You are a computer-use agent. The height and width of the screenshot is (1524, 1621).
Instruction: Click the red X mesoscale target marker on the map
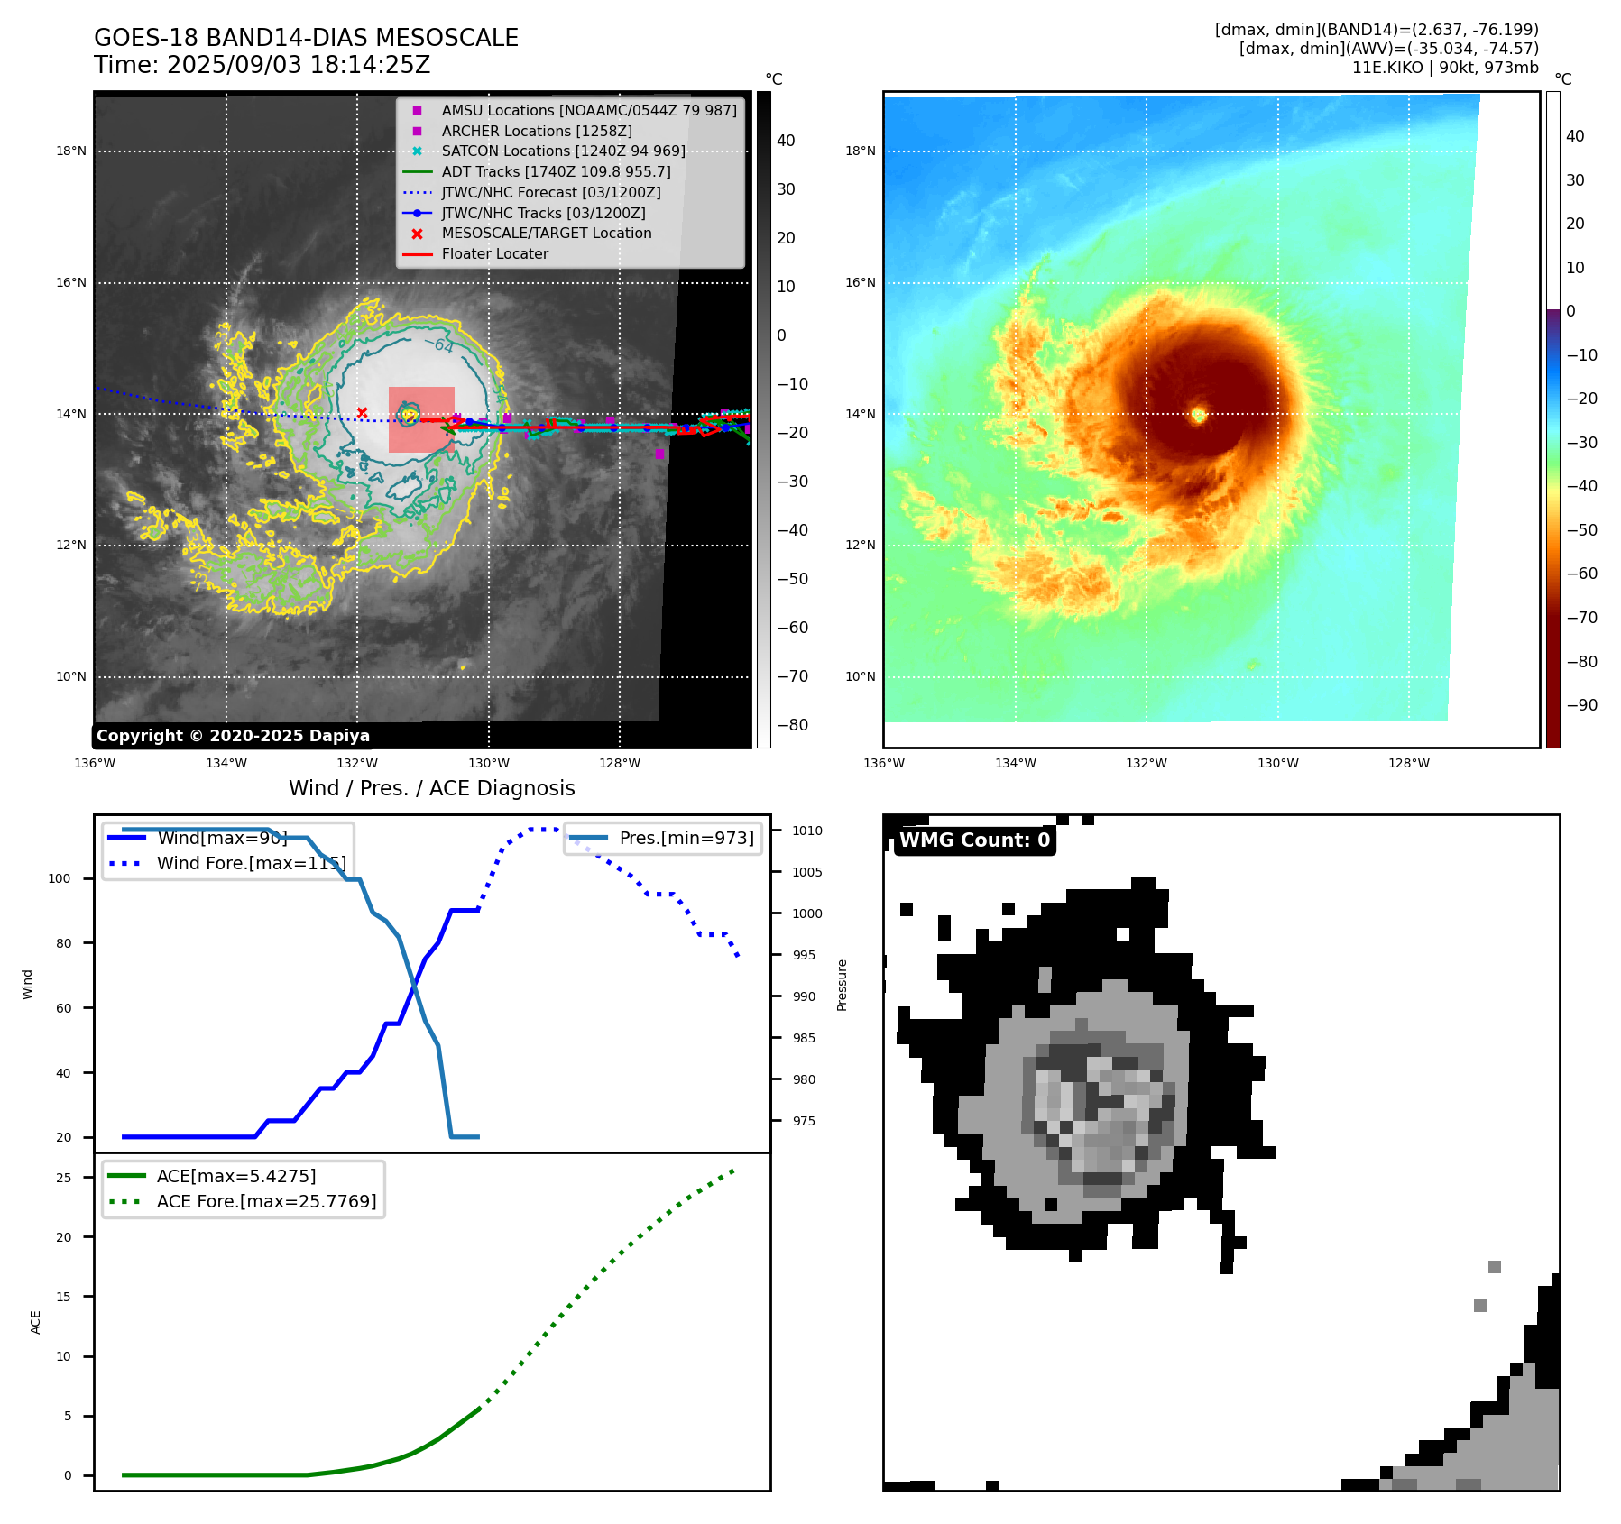[x=362, y=413]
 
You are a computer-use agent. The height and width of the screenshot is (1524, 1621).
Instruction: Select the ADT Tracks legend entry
[x=556, y=171]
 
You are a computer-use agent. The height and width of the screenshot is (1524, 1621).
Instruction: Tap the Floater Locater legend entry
[x=494, y=254]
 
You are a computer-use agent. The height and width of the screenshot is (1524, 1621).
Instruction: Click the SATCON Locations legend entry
[x=563, y=151]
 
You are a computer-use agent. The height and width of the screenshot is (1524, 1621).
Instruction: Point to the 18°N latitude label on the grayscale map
[x=71, y=151]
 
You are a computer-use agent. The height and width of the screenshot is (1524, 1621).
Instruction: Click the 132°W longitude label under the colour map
[x=1147, y=763]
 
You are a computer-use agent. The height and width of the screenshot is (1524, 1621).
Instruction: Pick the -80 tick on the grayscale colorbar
[x=793, y=725]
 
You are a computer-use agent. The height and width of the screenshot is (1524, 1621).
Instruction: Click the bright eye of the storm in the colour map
[x=1199, y=415]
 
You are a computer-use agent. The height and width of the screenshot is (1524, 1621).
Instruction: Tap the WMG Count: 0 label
[x=974, y=840]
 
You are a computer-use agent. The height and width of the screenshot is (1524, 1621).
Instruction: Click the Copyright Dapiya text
[x=233, y=736]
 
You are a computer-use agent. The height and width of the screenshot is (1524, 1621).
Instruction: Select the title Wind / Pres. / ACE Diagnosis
[x=431, y=788]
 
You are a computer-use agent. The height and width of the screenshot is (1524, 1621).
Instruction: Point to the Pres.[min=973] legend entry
[x=686, y=838]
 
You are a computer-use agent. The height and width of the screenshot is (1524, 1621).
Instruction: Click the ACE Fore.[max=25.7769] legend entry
[x=266, y=1201]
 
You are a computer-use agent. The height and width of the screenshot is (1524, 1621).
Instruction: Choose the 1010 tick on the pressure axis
[x=807, y=831]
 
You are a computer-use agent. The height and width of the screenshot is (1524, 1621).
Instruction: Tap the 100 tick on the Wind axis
[x=60, y=878]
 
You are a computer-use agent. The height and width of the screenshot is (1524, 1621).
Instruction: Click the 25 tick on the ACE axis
[x=63, y=1178]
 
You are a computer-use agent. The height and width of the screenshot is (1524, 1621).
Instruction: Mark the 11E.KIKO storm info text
[x=1444, y=68]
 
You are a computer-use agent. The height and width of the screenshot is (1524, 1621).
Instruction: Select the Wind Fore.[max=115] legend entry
[x=251, y=863]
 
